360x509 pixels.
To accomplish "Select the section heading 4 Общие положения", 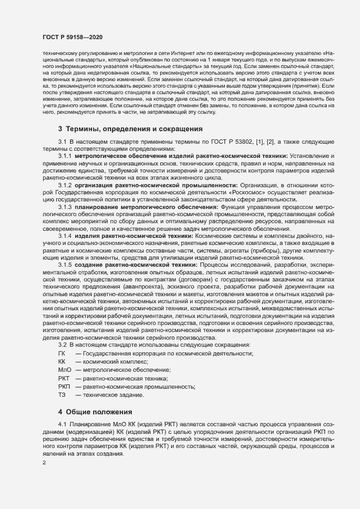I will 95,412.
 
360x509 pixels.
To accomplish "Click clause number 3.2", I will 62,346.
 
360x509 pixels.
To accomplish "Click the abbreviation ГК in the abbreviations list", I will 61,354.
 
